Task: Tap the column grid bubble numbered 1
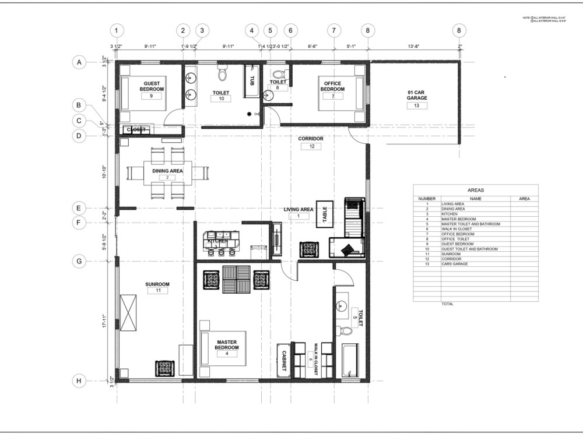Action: pos(117,30)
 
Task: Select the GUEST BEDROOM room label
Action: pos(152,86)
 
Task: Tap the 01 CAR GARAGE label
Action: pos(417,95)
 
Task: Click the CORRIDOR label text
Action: pos(311,139)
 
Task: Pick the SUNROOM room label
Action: pos(157,284)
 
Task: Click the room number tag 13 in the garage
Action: pos(417,105)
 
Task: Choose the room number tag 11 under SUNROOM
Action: pos(157,291)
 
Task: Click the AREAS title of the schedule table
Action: pos(475,190)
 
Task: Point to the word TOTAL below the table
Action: pos(448,304)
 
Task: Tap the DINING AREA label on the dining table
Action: pos(168,171)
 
